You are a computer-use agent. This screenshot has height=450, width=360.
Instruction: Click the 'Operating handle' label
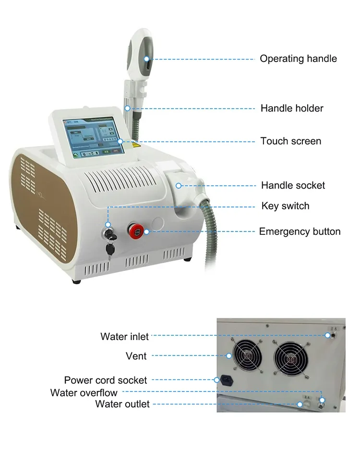click(x=298, y=59)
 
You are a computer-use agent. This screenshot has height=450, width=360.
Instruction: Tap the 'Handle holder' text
click(x=292, y=108)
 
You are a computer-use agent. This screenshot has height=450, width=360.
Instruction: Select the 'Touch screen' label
click(x=290, y=141)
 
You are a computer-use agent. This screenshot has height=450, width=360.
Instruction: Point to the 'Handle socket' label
click(x=293, y=185)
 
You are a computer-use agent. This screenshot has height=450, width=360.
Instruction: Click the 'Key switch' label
click(x=285, y=206)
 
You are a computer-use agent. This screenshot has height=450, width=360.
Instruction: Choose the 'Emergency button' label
click(x=300, y=231)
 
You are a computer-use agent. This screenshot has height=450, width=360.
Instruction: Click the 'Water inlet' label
click(x=124, y=336)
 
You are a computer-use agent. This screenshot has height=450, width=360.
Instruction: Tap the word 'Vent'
click(x=136, y=356)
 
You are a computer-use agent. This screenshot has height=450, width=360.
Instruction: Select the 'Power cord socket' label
click(x=105, y=380)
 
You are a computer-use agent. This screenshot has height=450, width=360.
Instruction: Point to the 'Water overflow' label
click(x=84, y=393)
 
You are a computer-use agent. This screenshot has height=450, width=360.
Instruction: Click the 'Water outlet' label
click(x=122, y=404)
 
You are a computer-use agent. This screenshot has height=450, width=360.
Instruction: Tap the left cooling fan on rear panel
click(x=248, y=356)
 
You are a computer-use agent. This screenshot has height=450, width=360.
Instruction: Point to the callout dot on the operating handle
click(x=147, y=59)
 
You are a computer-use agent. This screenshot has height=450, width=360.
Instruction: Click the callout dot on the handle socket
click(x=178, y=185)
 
